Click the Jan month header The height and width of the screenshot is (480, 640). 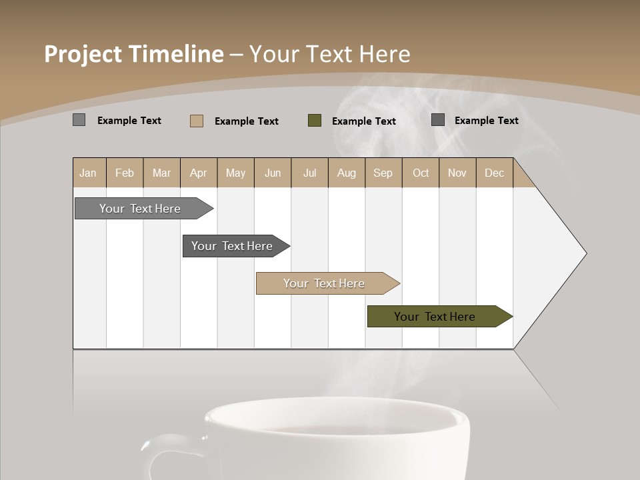pyautogui.click(x=89, y=173)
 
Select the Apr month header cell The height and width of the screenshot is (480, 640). pyautogui.click(x=199, y=173)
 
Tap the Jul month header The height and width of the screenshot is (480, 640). pyautogui.click(x=309, y=173)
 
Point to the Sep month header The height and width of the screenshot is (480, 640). pyautogui.click(x=383, y=173)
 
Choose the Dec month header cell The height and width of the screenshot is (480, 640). pyautogui.click(x=494, y=173)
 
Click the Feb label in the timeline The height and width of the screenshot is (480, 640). pyautogui.click(x=125, y=173)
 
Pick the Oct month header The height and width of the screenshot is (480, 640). pyautogui.click(x=421, y=173)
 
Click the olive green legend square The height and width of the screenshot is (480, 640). pyautogui.click(x=315, y=121)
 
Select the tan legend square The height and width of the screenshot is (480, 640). pyautogui.click(x=197, y=121)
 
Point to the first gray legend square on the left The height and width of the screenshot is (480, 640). pyautogui.click(x=79, y=120)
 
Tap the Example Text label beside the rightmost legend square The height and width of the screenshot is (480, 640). pyautogui.click(x=486, y=121)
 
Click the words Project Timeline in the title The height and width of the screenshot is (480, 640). pyautogui.click(x=133, y=54)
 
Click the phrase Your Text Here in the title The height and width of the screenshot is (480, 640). pyautogui.click(x=329, y=54)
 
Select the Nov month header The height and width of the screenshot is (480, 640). pyautogui.click(x=457, y=173)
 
